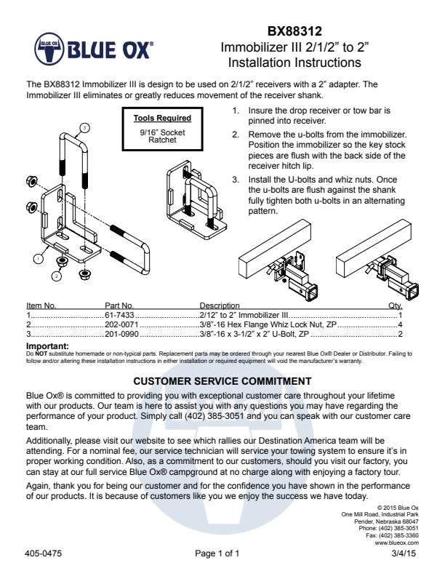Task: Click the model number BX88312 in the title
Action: [294, 31]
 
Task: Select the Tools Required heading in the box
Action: [163, 118]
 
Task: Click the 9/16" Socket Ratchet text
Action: [163, 136]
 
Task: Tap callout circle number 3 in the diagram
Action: [84, 127]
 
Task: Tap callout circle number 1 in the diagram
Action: [36, 257]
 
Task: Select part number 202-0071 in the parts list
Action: [121, 324]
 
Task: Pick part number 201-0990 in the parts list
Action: [121, 334]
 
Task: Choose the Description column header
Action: [220, 305]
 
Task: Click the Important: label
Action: [47, 346]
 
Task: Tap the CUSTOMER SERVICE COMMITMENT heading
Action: [222, 381]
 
